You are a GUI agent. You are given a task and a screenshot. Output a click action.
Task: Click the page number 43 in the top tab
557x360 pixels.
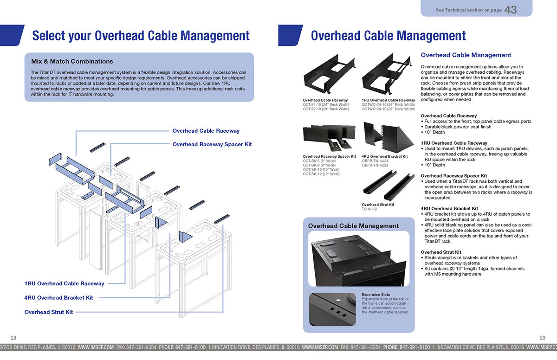tap(510, 10)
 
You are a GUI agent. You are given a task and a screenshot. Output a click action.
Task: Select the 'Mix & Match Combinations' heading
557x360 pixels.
tap(72, 61)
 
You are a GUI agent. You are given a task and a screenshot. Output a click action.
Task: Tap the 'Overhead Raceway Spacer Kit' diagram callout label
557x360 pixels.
tap(212, 144)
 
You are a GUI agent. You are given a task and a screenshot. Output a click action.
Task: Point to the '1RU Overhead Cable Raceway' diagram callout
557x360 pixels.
tap(65, 283)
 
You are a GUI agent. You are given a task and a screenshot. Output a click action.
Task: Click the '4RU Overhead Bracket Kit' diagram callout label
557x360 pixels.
tap(58, 297)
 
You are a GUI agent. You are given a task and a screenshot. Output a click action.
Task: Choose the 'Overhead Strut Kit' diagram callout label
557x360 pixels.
tap(49, 312)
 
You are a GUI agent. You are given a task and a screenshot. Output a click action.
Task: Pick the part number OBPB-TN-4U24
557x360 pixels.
tap(374, 161)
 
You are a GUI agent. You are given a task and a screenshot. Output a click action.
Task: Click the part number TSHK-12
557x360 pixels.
tap(369, 209)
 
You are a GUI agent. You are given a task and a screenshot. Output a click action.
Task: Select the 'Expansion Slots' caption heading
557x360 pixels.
tap(376, 295)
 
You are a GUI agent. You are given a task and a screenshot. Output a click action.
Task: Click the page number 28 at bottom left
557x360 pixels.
tap(13, 337)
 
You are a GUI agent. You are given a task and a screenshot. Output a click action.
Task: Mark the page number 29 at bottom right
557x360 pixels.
tap(543, 337)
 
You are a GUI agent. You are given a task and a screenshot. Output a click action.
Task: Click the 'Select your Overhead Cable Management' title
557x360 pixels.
tap(141, 36)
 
